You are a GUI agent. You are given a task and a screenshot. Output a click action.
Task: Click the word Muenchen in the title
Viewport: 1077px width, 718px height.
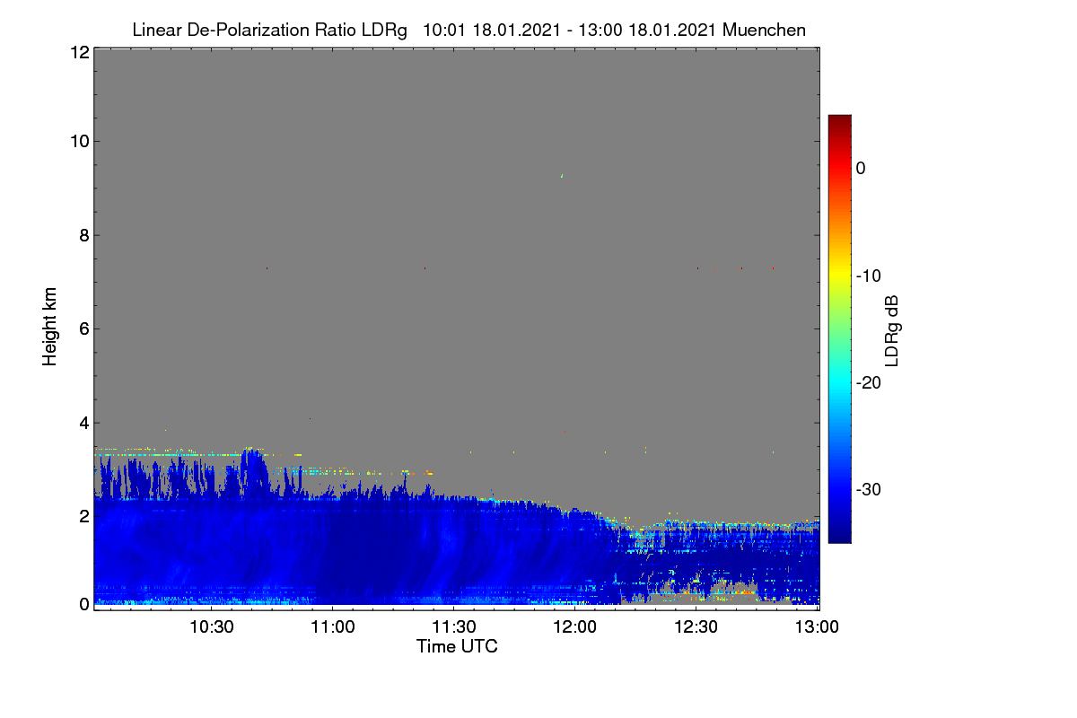tap(764, 30)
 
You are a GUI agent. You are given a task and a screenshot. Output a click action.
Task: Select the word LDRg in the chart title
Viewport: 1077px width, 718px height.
tap(384, 31)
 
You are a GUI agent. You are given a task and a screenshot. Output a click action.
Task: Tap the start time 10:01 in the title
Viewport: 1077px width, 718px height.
tap(444, 30)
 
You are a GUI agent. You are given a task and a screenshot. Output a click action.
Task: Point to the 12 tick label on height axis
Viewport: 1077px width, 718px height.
tap(80, 52)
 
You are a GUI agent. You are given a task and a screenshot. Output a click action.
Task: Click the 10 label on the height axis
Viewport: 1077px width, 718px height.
tap(80, 142)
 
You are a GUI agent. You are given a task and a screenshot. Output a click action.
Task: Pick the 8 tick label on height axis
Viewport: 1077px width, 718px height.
tap(84, 235)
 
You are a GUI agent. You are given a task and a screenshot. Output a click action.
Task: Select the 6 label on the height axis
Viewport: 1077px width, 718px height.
tap(84, 329)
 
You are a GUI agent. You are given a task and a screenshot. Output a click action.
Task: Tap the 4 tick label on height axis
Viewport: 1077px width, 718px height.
tap(84, 424)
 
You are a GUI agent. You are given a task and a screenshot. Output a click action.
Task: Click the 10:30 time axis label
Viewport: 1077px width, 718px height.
tap(212, 626)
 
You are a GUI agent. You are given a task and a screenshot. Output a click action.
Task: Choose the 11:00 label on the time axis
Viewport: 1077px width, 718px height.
tap(333, 626)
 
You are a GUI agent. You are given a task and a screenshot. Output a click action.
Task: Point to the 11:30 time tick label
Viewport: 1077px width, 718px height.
tap(454, 626)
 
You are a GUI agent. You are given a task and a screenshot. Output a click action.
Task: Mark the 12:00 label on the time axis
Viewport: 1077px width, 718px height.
tap(575, 626)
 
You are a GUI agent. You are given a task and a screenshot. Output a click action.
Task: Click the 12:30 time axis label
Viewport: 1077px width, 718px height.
tap(696, 626)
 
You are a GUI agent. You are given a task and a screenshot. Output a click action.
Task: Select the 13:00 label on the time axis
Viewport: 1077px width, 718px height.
tap(817, 626)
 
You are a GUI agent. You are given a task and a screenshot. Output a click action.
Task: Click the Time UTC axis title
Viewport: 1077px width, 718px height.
tap(457, 646)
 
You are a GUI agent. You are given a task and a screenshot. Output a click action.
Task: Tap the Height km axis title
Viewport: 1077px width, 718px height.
tap(49, 327)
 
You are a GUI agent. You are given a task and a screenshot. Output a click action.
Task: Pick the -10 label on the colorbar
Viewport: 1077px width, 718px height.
tap(869, 276)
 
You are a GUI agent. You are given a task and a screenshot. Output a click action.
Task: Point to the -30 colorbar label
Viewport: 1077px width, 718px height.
tap(869, 489)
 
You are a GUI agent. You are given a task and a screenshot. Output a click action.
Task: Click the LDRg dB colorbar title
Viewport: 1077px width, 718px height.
tap(892, 331)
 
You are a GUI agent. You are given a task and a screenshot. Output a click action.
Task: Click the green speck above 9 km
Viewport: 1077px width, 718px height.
tap(562, 176)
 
